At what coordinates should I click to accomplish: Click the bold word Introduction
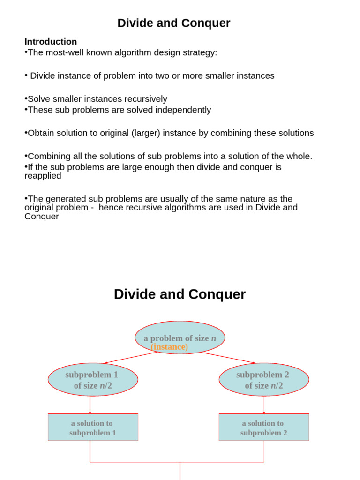point(51,41)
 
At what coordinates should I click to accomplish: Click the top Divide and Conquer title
point(173,23)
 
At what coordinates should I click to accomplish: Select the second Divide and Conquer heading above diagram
point(180,294)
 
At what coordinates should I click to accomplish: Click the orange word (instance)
point(169,347)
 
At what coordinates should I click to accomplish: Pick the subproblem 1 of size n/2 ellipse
point(93,379)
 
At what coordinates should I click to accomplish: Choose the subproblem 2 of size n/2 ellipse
point(263,379)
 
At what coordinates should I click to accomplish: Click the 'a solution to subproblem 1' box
point(93,427)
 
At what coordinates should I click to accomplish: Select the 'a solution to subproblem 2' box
point(263,427)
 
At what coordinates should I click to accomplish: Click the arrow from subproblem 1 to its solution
point(90,405)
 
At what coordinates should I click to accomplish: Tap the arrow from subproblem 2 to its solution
point(264,405)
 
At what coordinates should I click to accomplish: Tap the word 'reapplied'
point(43,176)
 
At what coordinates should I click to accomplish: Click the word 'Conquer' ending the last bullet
point(42,217)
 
